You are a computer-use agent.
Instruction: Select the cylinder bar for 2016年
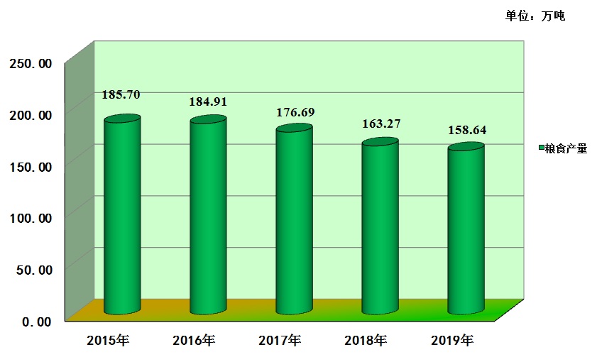[x=208, y=216]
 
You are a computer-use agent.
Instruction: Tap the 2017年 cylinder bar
[x=294, y=220]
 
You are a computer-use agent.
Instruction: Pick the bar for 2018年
[x=380, y=226]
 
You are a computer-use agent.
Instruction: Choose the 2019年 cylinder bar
[x=466, y=229]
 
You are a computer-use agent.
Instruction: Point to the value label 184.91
[x=207, y=102]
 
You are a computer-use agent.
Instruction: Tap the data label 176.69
[x=295, y=112]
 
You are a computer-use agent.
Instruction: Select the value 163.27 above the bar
[x=380, y=124]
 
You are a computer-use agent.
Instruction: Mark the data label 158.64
[x=467, y=131]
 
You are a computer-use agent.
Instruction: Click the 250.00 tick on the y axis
[x=31, y=63]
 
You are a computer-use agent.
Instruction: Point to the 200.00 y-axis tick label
[x=31, y=115]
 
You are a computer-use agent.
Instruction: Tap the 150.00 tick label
[x=31, y=166]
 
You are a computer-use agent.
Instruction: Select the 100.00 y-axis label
[x=31, y=218]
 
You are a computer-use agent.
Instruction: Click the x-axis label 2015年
[x=107, y=340]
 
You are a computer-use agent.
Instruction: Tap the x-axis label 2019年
[x=451, y=340]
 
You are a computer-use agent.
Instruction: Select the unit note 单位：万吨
[x=535, y=16]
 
